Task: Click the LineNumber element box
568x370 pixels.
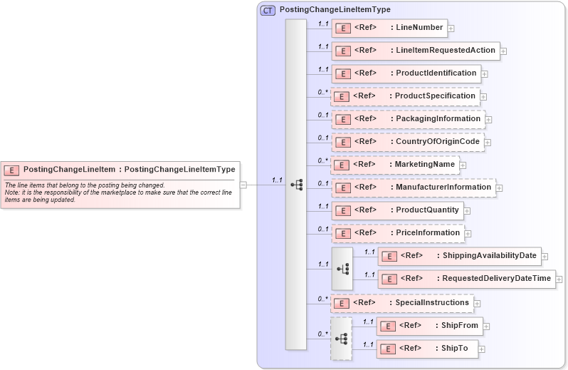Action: (389, 29)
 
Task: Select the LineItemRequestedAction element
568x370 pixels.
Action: (415, 51)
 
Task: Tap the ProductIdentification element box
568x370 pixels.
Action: (406, 73)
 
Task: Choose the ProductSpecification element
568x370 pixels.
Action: (405, 96)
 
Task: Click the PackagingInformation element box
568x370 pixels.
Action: (408, 119)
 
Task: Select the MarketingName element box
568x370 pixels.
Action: (395, 165)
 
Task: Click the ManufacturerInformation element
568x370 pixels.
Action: (414, 187)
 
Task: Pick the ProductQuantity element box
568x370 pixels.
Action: (397, 210)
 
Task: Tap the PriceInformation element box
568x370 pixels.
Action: (397, 233)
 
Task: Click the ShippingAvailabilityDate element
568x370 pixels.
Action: (461, 256)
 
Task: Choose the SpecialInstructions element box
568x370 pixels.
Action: (402, 303)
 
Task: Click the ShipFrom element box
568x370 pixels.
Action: (430, 326)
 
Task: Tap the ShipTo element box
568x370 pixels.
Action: (427, 349)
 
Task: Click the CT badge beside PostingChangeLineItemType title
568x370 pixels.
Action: (268, 11)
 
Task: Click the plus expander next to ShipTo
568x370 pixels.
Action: (483, 349)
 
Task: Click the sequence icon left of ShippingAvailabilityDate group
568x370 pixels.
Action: (342, 268)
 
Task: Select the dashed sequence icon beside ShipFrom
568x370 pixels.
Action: (341, 339)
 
